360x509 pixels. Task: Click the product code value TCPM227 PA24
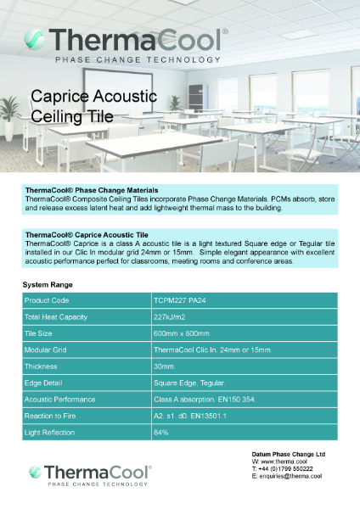[x=184, y=300]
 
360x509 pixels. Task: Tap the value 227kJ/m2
[x=172, y=316]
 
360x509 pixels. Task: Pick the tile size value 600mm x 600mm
[x=182, y=333]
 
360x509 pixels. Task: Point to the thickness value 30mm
[x=165, y=366]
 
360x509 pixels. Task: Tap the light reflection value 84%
[x=161, y=433]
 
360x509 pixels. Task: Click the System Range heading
[x=48, y=284]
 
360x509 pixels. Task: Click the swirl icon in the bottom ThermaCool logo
[x=36, y=473]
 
